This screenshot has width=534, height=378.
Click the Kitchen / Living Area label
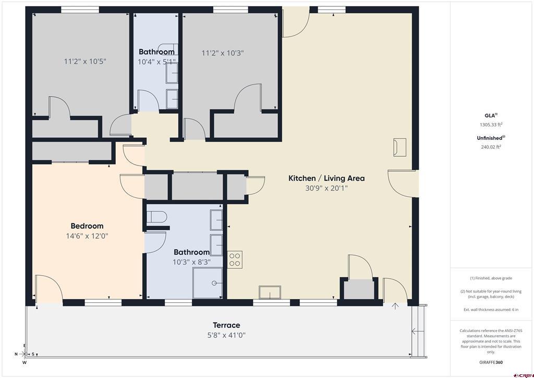pyautogui.click(x=326, y=178)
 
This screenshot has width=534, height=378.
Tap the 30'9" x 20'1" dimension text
pyautogui.click(x=326, y=188)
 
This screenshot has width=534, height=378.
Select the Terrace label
pyautogui.click(x=226, y=325)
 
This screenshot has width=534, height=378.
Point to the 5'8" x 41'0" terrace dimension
pyautogui.click(x=226, y=335)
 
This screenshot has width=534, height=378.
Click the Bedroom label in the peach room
pyautogui.click(x=87, y=226)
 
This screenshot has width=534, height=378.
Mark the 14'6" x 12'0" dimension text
pyautogui.click(x=87, y=236)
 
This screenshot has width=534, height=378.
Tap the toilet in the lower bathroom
pyautogui.click(x=156, y=217)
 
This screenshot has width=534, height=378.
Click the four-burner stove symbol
pyautogui.click(x=235, y=259)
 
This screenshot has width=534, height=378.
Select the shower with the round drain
pyautogui.click(x=208, y=283)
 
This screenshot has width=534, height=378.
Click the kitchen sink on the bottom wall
pyautogui.click(x=270, y=292)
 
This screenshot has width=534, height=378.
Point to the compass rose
pyautogui.click(x=25, y=353)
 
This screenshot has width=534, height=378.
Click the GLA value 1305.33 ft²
pyautogui.click(x=491, y=125)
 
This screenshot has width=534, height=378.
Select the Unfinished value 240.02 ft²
pyautogui.click(x=491, y=147)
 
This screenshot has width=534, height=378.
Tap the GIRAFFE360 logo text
pyautogui.click(x=491, y=362)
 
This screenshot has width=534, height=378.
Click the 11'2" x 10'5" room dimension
pyautogui.click(x=85, y=61)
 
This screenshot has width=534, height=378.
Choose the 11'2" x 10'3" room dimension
pyautogui.click(x=223, y=53)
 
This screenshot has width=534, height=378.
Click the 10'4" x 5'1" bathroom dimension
pyautogui.click(x=156, y=62)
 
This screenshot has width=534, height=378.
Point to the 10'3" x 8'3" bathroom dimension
pyautogui.click(x=191, y=262)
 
